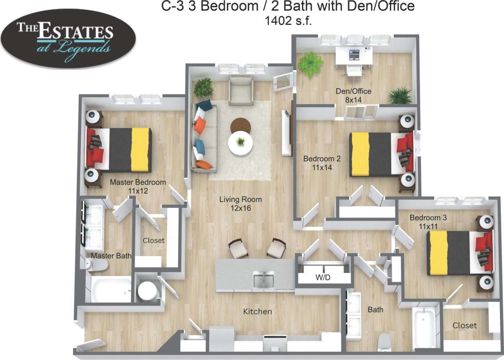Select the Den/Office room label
click(x=353, y=95)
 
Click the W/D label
click(x=322, y=278)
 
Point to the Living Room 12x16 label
click(x=240, y=204)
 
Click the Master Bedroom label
click(x=138, y=186)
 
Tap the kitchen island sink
click(x=264, y=280)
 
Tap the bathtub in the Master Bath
click(x=111, y=290)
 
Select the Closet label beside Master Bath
click(x=153, y=240)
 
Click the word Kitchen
click(x=257, y=311)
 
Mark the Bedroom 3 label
click(x=425, y=222)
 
